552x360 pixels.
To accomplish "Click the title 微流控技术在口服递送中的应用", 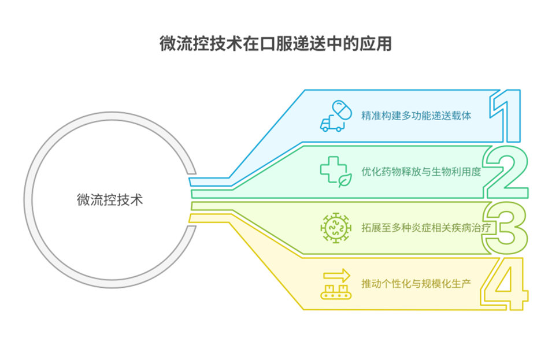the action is [x=275, y=44].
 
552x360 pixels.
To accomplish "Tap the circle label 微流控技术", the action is [x=110, y=200].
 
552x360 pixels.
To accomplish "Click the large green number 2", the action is [x=506, y=172].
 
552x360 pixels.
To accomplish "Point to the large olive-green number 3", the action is [x=505, y=228].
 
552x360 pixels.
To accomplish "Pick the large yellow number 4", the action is [x=504, y=284].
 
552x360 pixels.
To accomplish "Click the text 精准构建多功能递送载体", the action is [x=416, y=116].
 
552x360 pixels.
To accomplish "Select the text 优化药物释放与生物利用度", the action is [x=421, y=172].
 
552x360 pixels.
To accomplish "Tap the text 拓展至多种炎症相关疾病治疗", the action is [x=426, y=228].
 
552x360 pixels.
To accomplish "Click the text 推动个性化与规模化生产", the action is [x=416, y=284].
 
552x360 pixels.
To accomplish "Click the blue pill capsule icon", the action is [x=342, y=110].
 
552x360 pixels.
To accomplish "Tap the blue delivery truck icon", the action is [x=332, y=124].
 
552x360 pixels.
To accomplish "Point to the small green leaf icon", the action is [x=345, y=180].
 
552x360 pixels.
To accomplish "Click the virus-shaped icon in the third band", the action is [x=336, y=228].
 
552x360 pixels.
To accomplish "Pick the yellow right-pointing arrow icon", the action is [x=337, y=275].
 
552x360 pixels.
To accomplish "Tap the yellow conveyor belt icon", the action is [x=336, y=292].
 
